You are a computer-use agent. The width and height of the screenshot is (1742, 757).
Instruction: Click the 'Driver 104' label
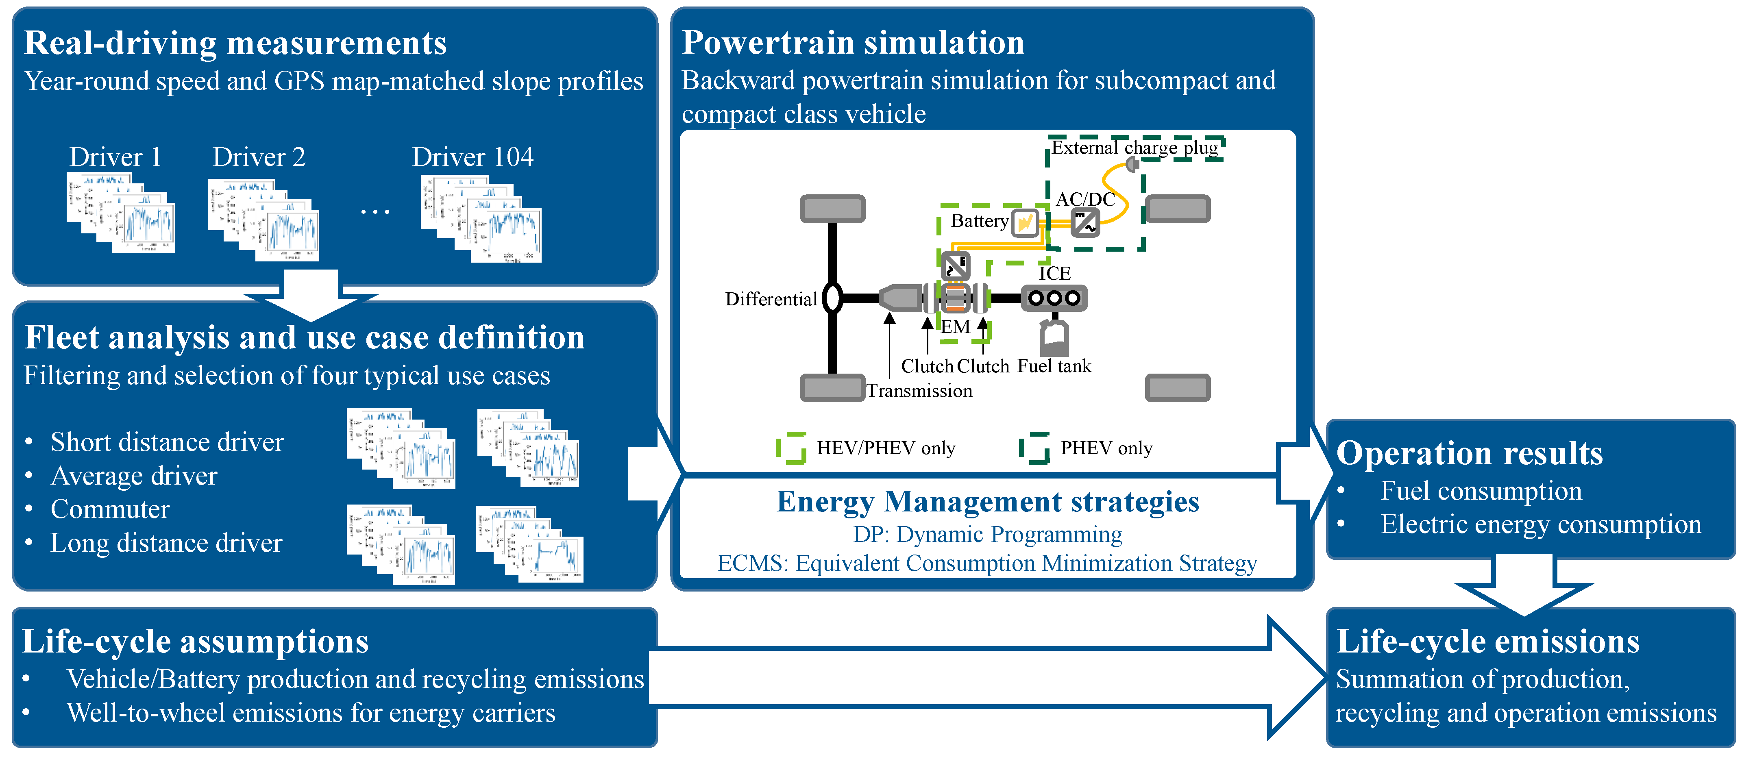[x=473, y=157]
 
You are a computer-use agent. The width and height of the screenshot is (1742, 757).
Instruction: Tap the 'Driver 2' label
[x=259, y=157]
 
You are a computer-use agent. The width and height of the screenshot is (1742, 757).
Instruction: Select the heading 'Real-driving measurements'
[x=235, y=43]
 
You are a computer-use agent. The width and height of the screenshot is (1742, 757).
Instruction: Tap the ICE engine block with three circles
[x=1054, y=298]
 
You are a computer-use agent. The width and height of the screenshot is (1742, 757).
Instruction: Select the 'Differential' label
[x=771, y=299]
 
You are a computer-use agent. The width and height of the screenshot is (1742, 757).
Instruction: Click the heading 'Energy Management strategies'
[x=987, y=502]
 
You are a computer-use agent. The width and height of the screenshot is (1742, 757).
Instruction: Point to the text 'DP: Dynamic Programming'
[x=987, y=535]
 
